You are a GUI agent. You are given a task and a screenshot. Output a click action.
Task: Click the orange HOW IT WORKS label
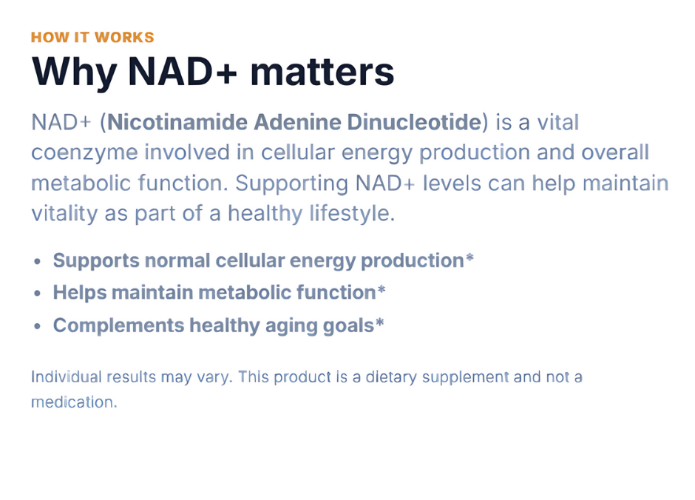click(92, 37)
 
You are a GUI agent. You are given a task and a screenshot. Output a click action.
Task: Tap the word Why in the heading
click(74, 72)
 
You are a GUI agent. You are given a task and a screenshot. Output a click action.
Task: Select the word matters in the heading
click(322, 72)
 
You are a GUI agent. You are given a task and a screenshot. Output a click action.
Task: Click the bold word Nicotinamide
click(177, 122)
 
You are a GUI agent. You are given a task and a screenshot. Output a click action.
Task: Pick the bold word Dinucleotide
click(415, 122)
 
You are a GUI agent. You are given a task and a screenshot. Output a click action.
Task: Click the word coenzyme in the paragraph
click(85, 153)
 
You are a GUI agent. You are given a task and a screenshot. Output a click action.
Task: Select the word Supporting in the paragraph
click(291, 184)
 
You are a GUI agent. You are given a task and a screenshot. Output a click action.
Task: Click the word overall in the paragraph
click(615, 152)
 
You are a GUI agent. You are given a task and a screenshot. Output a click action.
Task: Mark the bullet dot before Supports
click(38, 262)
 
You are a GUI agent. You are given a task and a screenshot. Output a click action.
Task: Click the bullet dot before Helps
click(38, 294)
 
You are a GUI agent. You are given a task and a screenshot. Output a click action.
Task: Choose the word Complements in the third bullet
click(119, 325)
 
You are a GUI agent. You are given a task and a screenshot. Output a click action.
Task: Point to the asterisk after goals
click(379, 322)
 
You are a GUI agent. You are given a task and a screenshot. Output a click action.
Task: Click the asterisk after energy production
click(469, 257)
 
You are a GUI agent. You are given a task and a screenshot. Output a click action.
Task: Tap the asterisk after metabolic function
click(382, 290)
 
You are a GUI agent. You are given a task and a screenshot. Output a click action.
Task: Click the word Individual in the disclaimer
click(67, 376)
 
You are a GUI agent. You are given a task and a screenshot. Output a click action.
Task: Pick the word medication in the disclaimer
click(72, 402)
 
